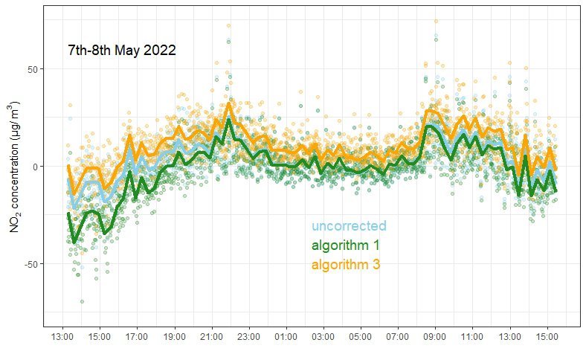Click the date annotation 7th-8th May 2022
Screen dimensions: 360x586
pyautogui.click(x=121, y=51)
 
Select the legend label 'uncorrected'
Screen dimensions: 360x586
pyautogui.click(x=349, y=226)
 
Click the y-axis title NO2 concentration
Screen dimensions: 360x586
pyautogui.click(x=16, y=167)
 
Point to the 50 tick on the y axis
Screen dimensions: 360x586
pyautogui.click(x=32, y=68)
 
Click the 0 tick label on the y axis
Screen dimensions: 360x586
pyautogui.click(x=34, y=167)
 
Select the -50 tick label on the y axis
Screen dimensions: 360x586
pyautogui.click(x=30, y=264)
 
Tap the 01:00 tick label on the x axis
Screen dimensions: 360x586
pyautogui.click(x=286, y=337)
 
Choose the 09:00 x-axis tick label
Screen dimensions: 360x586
pyautogui.click(x=435, y=337)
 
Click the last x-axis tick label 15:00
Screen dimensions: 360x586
pyautogui.click(x=547, y=337)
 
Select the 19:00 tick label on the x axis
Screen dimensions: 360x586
pyautogui.click(x=175, y=337)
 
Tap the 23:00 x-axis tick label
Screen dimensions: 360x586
pyautogui.click(x=249, y=337)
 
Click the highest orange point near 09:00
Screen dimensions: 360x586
pyautogui.click(x=436, y=22)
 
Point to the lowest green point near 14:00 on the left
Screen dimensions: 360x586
pyautogui.click(x=82, y=301)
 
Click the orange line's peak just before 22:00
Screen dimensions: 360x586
pyautogui.click(x=228, y=103)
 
